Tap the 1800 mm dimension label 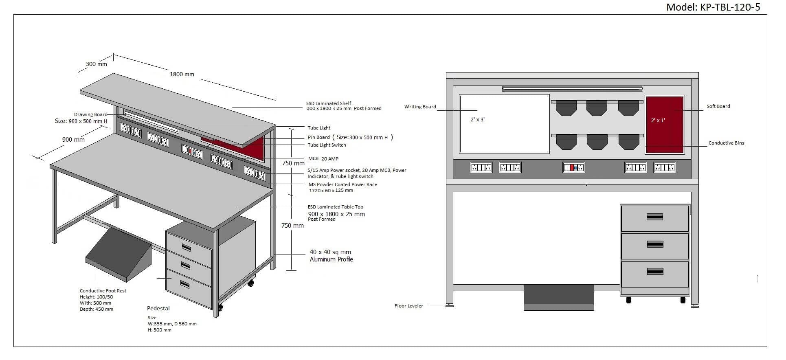[182, 75]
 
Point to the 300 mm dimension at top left [97, 64]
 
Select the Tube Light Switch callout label [327, 145]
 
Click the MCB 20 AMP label [323, 159]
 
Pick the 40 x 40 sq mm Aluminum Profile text [331, 256]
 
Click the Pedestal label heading [158, 309]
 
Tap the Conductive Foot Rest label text [103, 291]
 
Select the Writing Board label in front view [420, 107]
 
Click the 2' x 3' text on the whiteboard [477, 120]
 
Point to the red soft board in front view [664, 125]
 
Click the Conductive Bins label [726, 143]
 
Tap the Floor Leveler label [408, 306]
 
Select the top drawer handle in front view [654, 217]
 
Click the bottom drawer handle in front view [654, 272]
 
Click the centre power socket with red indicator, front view [573, 167]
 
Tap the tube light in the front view [572, 89]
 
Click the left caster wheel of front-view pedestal [628, 300]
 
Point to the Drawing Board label [90, 115]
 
